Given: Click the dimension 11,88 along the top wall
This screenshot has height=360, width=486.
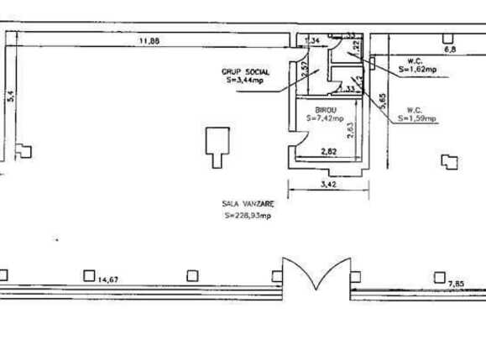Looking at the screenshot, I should pyautogui.click(x=150, y=39).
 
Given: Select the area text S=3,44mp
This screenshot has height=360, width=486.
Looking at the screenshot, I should pyautogui.click(x=243, y=81).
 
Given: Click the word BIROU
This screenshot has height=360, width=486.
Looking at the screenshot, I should pyautogui.click(x=326, y=111).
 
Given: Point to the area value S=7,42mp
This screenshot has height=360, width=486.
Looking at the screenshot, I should pyautogui.click(x=325, y=119).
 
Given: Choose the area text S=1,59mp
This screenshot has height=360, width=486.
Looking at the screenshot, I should pyautogui.click(x=419, y=118).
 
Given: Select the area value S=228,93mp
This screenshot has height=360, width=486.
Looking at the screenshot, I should pyautogui.click(x=246, y=216).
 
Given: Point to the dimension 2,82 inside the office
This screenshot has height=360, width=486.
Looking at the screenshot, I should pyautogui.click(x=331, y=152).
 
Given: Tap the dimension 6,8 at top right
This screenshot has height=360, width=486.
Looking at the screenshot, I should pyautogui.click(x=449, y=50).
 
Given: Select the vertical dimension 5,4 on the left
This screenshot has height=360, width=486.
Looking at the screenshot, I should pyautogui.click(x=10, y=97).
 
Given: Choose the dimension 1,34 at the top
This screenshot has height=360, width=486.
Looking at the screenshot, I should pyautogui.click(x=311, y=40).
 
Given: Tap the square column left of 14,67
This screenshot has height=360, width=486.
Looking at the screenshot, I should pyautogui.click(x=88, y=274).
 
